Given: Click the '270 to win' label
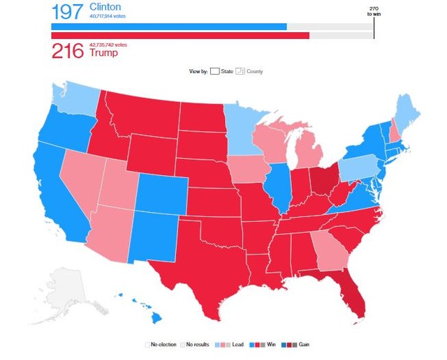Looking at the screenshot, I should pos(373,10).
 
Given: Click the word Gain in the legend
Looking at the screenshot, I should pos(304,344).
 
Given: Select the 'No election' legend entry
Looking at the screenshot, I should pos(161,344).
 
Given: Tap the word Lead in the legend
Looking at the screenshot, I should pos(237,344).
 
